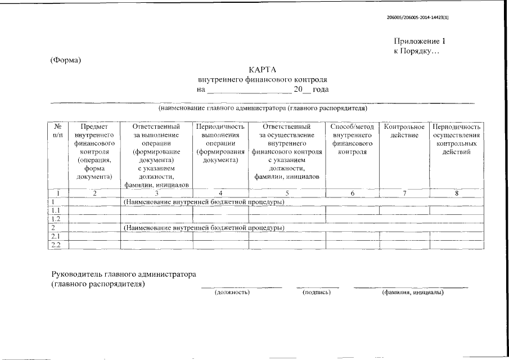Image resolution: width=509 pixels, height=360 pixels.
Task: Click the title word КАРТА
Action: pyautogui.click(x=263, y=70)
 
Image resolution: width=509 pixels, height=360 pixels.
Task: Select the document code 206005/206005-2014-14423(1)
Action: pyautogui.click(x=418, y=17)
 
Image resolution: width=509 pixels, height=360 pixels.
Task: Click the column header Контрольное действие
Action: pyautogui.click(x=403, y=131)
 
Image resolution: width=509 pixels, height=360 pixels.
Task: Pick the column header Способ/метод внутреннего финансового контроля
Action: pyautogui.click(x=353, y=139)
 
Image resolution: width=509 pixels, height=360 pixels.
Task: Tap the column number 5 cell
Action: pyautogui.click(x=287, y=193)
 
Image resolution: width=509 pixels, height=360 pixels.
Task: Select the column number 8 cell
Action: pyautogui.click(x=456, y=193)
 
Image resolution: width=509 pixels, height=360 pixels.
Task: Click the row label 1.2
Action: pyautogui.click(x=55, y=219)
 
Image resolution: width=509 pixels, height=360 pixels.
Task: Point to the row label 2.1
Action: pyautogui.click(x=55, y=236)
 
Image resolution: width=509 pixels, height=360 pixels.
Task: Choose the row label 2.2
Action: pyautogui.click(x=55, y=245)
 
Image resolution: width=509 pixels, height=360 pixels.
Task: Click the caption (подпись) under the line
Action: pyautogui.click(x=316, y=292)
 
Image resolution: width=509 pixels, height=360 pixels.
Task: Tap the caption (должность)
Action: pyautogui.click(x=232, y=292)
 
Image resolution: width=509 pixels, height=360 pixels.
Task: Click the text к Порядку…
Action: pyautogui.click(x=416, y=51)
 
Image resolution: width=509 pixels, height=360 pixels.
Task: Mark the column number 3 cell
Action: pyautogui.click(x=156, y=193)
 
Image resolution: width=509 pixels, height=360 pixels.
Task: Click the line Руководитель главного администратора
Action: pyautogui.click(x=124, y=274)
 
